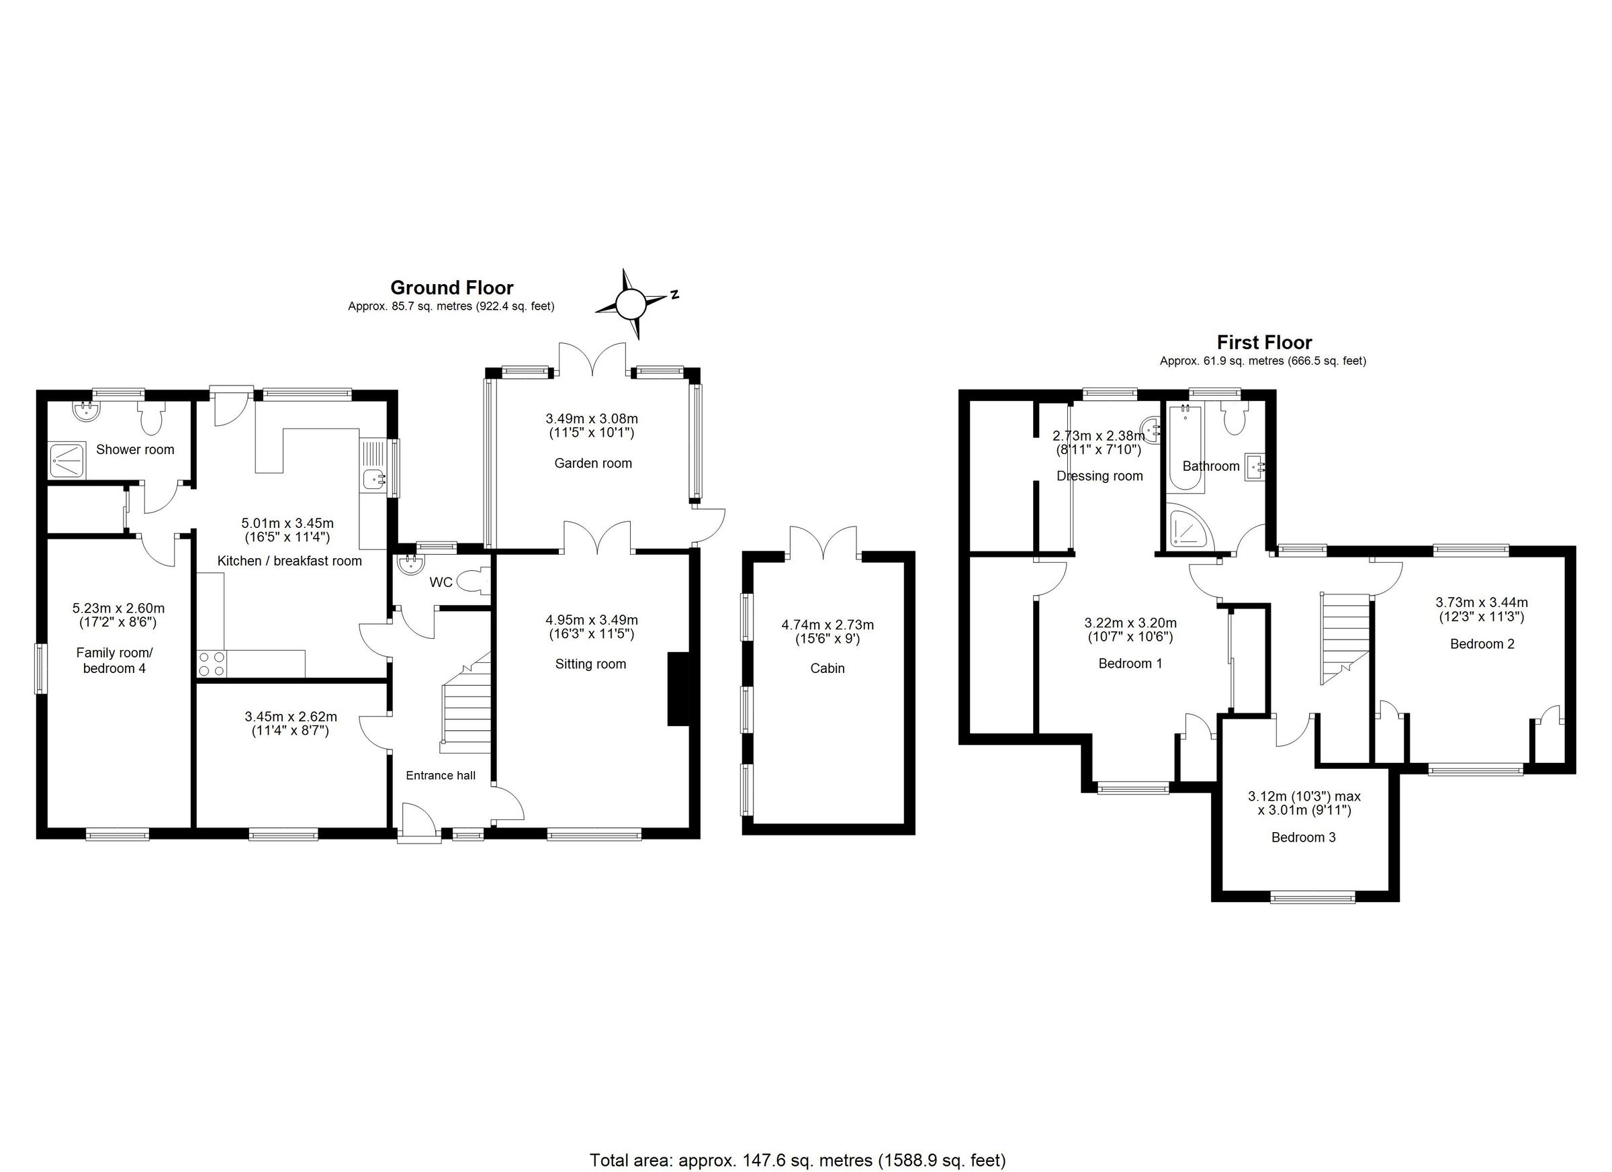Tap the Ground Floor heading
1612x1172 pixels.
[x=451, y=287]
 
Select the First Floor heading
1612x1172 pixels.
[x=1263, y=343]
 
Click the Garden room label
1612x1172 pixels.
[x=593, y=463]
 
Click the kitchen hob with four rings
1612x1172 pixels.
[x=212, y=663]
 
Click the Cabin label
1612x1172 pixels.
[x=827, y=668]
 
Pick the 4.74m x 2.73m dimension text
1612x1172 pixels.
[x=827, y=625]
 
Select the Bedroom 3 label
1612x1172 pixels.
[x=1303, y=838]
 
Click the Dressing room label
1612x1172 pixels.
[x=1099, y=476]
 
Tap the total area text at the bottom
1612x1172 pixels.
[x=797, y=1160]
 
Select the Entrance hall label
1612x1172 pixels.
[x=440, y=776]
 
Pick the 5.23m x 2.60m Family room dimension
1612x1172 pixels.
[x=118, y=608]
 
